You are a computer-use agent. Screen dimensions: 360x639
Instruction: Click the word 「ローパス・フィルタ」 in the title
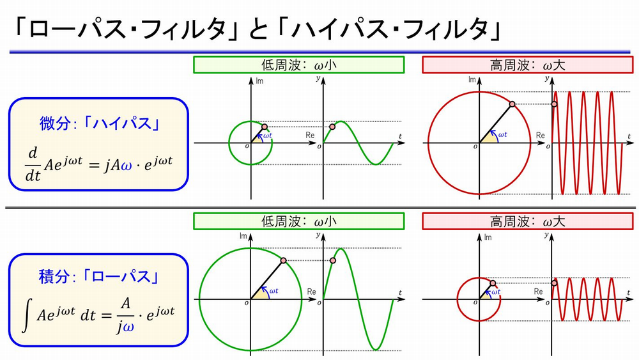(x=128, y=29)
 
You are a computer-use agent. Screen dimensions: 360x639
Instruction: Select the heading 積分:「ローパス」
(x=99, y=278)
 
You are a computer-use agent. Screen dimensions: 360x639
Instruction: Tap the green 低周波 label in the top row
(x=298, y=65)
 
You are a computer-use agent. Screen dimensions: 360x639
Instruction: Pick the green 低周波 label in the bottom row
(x=298, y=222)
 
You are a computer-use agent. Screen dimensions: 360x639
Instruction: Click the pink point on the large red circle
(x=512, y=104)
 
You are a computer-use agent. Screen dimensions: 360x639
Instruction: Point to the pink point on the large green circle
(x=283, y=260)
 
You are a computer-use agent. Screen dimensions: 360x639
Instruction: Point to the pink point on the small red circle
(x=493, y=283)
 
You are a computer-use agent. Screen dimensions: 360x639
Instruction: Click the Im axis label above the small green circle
(x=259, y=81)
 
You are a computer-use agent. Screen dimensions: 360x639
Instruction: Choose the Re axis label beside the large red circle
(x=541, y=136)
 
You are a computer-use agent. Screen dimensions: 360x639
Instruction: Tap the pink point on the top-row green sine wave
(x=332, y=127)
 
